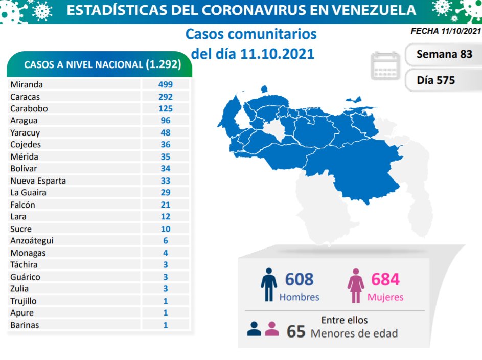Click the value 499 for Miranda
[165, 84]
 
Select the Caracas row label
[25, 97]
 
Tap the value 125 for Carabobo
[165, 108]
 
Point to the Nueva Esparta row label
[38, 181]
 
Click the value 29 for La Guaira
[165, 192]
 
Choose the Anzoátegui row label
[32, 241]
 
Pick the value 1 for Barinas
[165, 325]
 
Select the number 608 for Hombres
[299, 279]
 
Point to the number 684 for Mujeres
[385, 279]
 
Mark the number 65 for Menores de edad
[296, 331]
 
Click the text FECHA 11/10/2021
[446, 31]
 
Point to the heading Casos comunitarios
[251, 34]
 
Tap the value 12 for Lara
[165, 217]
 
